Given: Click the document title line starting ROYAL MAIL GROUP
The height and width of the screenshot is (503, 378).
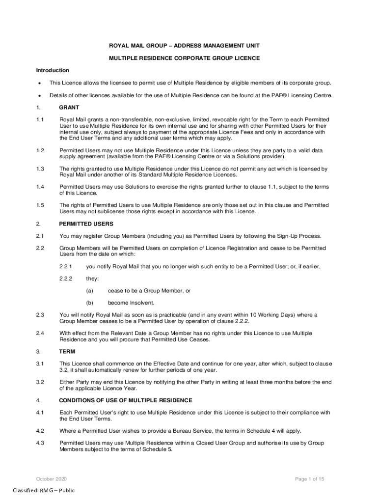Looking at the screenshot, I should [184, 46].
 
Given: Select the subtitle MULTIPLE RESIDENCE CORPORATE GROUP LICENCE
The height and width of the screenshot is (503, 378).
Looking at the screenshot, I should [184, 58].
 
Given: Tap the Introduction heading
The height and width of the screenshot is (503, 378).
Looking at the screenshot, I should [53, 70].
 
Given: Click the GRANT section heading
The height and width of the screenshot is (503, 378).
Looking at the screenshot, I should [69, 107].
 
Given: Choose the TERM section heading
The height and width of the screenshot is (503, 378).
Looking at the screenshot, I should [67, 352].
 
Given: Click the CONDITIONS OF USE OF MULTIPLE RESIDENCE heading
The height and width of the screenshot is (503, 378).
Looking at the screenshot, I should [126, 400].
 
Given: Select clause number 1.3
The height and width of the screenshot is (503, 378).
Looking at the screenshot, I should [40, 169].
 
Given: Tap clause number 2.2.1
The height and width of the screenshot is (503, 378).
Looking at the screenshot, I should [66, 266].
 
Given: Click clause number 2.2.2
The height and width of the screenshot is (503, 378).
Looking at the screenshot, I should [66, 279].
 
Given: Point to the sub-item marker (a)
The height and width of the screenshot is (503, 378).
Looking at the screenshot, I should [89, 291].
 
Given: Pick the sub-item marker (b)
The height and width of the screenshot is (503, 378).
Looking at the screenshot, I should [89, 303].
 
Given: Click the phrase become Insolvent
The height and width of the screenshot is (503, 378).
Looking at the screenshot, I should [131, 303].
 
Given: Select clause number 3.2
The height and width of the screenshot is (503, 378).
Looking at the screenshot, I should [40, 382].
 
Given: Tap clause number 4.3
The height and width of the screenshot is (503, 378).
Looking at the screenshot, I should [40, 443].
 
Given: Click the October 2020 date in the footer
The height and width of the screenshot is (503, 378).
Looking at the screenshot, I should [52, 479].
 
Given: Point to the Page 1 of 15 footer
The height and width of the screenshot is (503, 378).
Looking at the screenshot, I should [310, 479].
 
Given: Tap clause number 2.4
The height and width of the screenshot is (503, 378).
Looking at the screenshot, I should [40, 334].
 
